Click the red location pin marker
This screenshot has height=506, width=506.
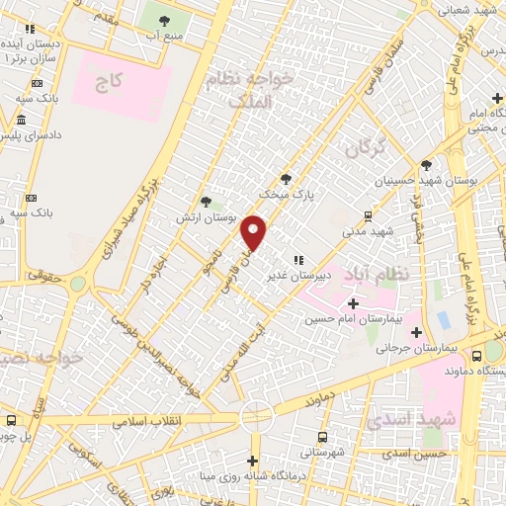click(x=255, y=233)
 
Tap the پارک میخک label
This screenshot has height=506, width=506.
click(x=282, y=195)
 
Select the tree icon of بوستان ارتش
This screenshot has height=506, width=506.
click(x=206, y=201)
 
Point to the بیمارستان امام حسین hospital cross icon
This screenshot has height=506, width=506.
click(x=353, y=302)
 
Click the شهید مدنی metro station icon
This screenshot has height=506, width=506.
click(x=368, y=215)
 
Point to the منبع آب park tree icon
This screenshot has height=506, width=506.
click(x=162, y=20)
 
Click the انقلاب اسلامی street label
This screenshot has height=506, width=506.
click(x=144, y=420)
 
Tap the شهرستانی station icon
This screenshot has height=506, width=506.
click(x=322, y=436)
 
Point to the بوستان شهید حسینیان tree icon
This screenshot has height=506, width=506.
click(x=426, y=165)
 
